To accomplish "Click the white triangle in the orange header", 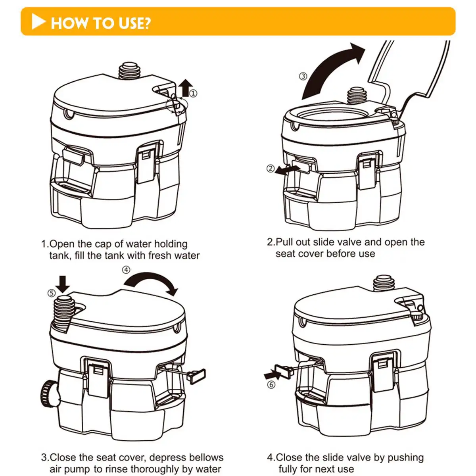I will coord(38,22).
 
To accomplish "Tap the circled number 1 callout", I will coord(193,94).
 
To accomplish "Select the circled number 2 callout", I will coord(271,169).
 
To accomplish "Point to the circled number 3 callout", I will coord(303,76).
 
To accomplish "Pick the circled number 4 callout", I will coord(126,270).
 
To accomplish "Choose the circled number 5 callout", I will coord(52,293).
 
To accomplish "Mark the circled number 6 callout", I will coord(271,385).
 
